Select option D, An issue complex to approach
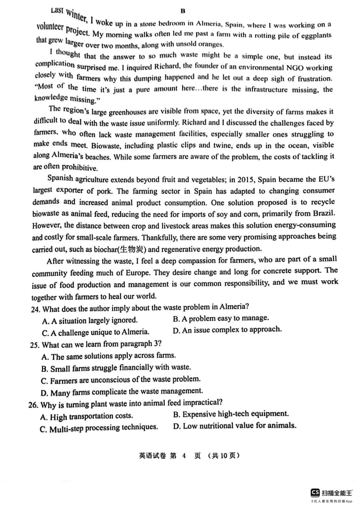tap(227, 330)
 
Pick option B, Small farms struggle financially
tap(116, 368)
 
